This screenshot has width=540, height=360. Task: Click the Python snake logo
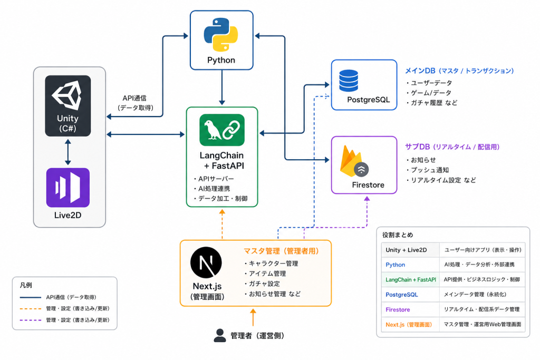coord(221,34)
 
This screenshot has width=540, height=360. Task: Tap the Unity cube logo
coord(67,95)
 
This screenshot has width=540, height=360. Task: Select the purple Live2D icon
coord(68,188)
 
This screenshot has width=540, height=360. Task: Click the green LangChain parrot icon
coord(222,130)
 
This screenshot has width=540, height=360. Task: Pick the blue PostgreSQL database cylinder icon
coord(349,81)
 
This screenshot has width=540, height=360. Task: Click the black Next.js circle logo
coord(206,262)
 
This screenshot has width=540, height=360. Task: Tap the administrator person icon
coord(220,335)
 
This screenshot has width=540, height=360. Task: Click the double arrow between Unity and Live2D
coord(68,152)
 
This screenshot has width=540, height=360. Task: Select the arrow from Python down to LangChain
coord(222,87)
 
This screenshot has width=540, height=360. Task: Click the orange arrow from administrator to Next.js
coord(253,317)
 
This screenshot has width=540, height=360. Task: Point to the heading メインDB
coord(420,71)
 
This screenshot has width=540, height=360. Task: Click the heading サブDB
coord(418,147)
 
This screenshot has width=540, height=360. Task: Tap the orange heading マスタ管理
coord(262,251)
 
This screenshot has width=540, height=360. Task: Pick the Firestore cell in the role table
coord(398,309)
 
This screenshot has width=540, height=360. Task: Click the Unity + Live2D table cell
coord(406,250)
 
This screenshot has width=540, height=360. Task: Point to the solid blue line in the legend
coord(31,297)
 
